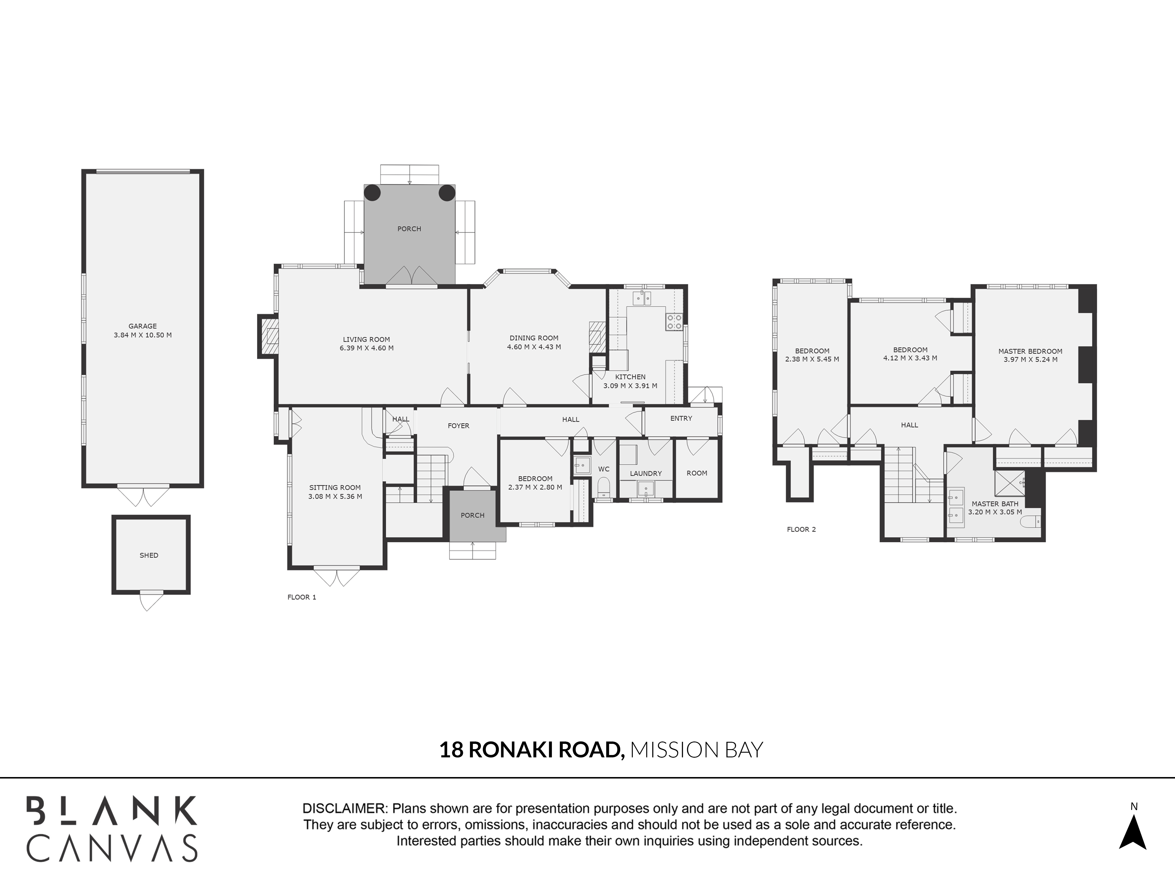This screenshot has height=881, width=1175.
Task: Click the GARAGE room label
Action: tap(142, 326)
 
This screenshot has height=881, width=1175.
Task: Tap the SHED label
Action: tap(149, 556)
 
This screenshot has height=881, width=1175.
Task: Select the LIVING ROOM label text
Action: tap(367, 339)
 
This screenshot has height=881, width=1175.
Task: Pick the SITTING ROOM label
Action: tap(335, 487)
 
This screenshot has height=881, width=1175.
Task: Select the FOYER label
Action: tap(459, 426)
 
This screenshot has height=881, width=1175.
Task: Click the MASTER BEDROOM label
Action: tap(1030, 351)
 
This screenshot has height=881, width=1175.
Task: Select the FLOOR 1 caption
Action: tap(302, 597)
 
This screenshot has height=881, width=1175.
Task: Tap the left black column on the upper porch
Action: tap(372, 193)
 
